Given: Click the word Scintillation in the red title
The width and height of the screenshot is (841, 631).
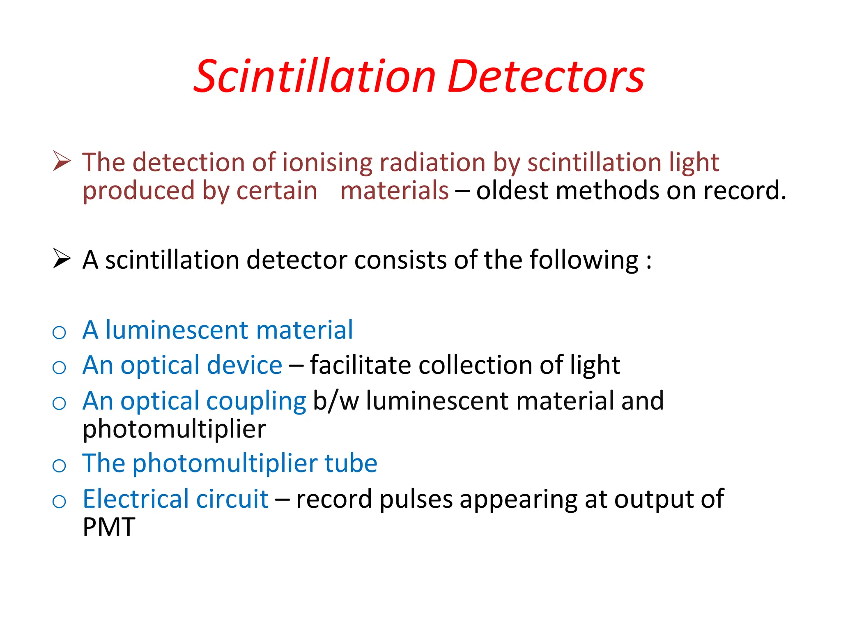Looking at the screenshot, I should tap(315, 77).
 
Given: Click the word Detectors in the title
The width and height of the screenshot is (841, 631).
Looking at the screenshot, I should tap(546, 77).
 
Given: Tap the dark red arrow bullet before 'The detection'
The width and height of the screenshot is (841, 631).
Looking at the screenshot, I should tap(62, 161).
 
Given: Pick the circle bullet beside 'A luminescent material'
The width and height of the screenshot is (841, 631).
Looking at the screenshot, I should tap(60, 332).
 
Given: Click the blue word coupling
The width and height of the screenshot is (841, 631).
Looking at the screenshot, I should tap(256, 401).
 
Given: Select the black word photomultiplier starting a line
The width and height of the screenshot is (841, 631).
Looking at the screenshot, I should tap(174, 430).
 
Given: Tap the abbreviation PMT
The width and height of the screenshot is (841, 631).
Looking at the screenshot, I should tap(109, 527).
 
